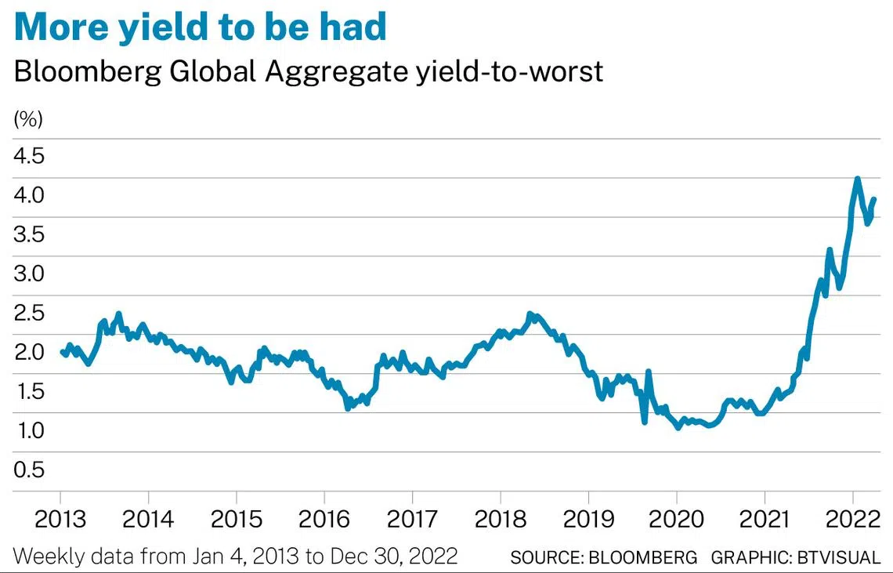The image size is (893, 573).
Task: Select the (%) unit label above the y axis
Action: (28, 120)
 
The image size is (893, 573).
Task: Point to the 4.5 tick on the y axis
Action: (29, 156)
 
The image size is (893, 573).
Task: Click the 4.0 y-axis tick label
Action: (29, 195)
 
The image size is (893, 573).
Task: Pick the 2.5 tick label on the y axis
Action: (29, 313)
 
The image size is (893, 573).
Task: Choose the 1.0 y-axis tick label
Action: (29, 430)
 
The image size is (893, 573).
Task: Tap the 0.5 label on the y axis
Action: (29, 470)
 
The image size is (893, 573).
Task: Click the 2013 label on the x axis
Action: (60, 520)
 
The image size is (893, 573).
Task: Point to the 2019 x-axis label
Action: (588, 520)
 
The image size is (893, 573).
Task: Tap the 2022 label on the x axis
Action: (852, 520)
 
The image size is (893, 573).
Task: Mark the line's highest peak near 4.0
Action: (857, 180)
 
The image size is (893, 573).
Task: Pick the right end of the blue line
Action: (874, 199)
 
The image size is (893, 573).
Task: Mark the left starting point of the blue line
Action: (61, 351)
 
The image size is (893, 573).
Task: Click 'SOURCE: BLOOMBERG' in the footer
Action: (603, 557)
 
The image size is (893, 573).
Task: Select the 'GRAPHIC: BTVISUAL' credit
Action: (796, 557)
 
